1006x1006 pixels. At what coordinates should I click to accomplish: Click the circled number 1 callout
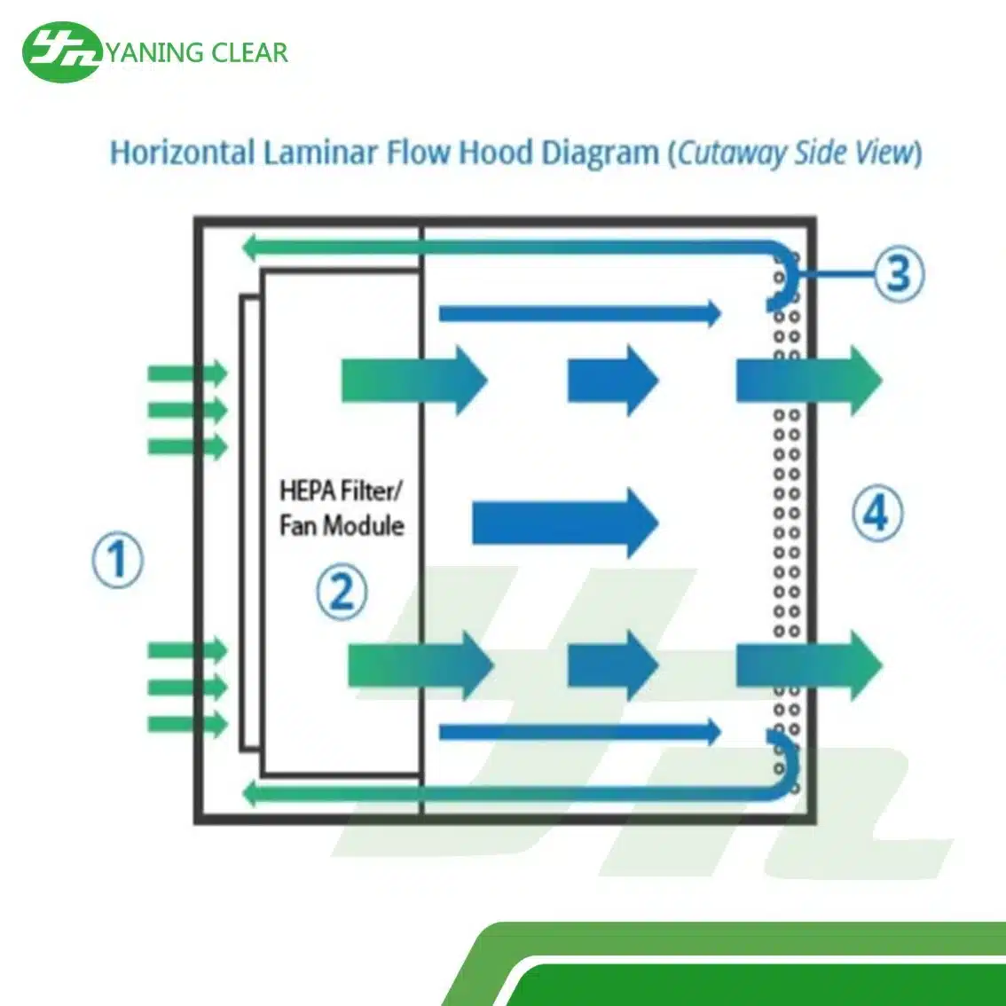[118, 560]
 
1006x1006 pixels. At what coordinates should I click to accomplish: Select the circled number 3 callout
[898, 272]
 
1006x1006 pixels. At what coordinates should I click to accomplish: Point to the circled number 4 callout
[876, 512]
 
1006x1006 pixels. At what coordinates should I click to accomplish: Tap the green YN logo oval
[62, 51]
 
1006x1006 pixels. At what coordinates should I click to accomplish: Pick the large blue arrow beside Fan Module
[564, 522]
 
